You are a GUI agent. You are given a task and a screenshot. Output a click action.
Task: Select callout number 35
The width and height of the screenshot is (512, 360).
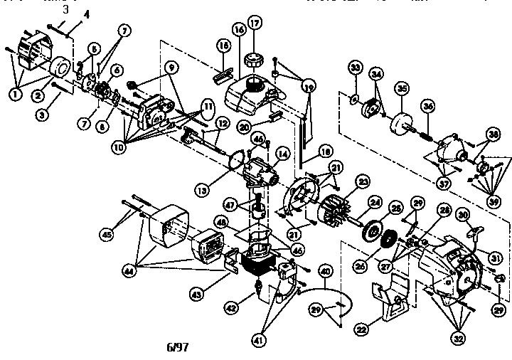coord(402,88)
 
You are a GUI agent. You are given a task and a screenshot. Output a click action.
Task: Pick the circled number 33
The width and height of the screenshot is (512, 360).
coord(356,68)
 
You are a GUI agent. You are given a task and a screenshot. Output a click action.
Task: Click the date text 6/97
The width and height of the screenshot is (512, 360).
coord(176,349)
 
